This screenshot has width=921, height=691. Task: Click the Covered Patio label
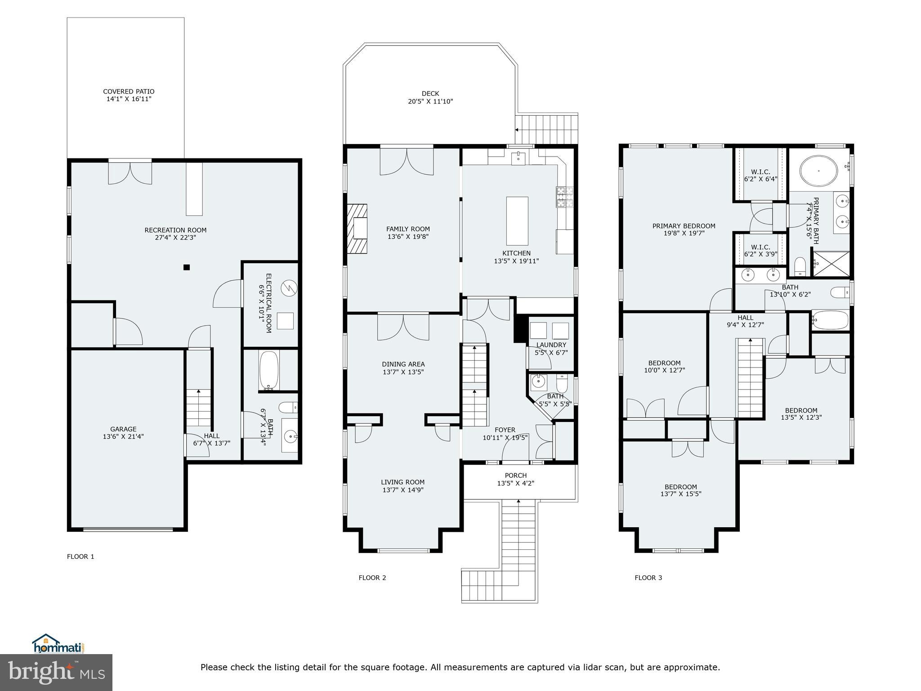[129, 92]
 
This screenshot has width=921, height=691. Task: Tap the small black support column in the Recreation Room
[187, 267]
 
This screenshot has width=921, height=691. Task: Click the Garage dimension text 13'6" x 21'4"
[123, 436]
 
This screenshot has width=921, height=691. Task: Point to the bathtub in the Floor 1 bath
[269, 370]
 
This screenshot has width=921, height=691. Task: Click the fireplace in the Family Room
[358, 228]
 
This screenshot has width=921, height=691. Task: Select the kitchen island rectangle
[517, 221]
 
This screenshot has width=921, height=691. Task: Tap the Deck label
[430, 94]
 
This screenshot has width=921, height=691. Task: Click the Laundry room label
[551, 345]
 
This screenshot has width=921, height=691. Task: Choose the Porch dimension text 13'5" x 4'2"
[515, 483]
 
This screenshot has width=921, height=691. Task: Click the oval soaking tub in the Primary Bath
[819, 171]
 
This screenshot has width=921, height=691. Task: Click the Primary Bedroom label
[684, 226]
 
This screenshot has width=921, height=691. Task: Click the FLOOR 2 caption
[372, 578]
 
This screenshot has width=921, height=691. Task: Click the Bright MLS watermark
[56, 673]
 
